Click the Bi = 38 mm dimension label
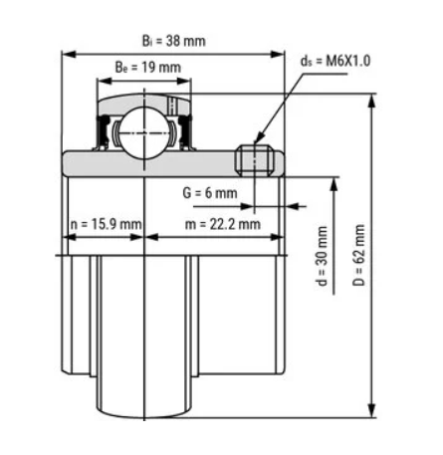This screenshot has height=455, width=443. click(x=174, y=41)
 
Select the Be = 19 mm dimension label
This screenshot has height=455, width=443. click(x=148, y=67)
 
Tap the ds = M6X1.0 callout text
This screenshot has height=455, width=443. click(x=335, y=61)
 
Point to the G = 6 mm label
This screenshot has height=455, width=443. click(x=210, y=193)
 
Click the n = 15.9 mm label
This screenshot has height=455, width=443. click(x=107, y=224)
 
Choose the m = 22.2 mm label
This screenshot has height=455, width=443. click(x=223, y=224)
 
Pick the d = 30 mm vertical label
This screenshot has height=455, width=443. click(x=322, y=256)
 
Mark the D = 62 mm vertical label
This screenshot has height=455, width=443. click(x=358, y=255)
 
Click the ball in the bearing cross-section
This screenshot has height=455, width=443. click(x=143, y=133)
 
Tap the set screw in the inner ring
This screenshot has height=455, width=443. click(x=255, y=161)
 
